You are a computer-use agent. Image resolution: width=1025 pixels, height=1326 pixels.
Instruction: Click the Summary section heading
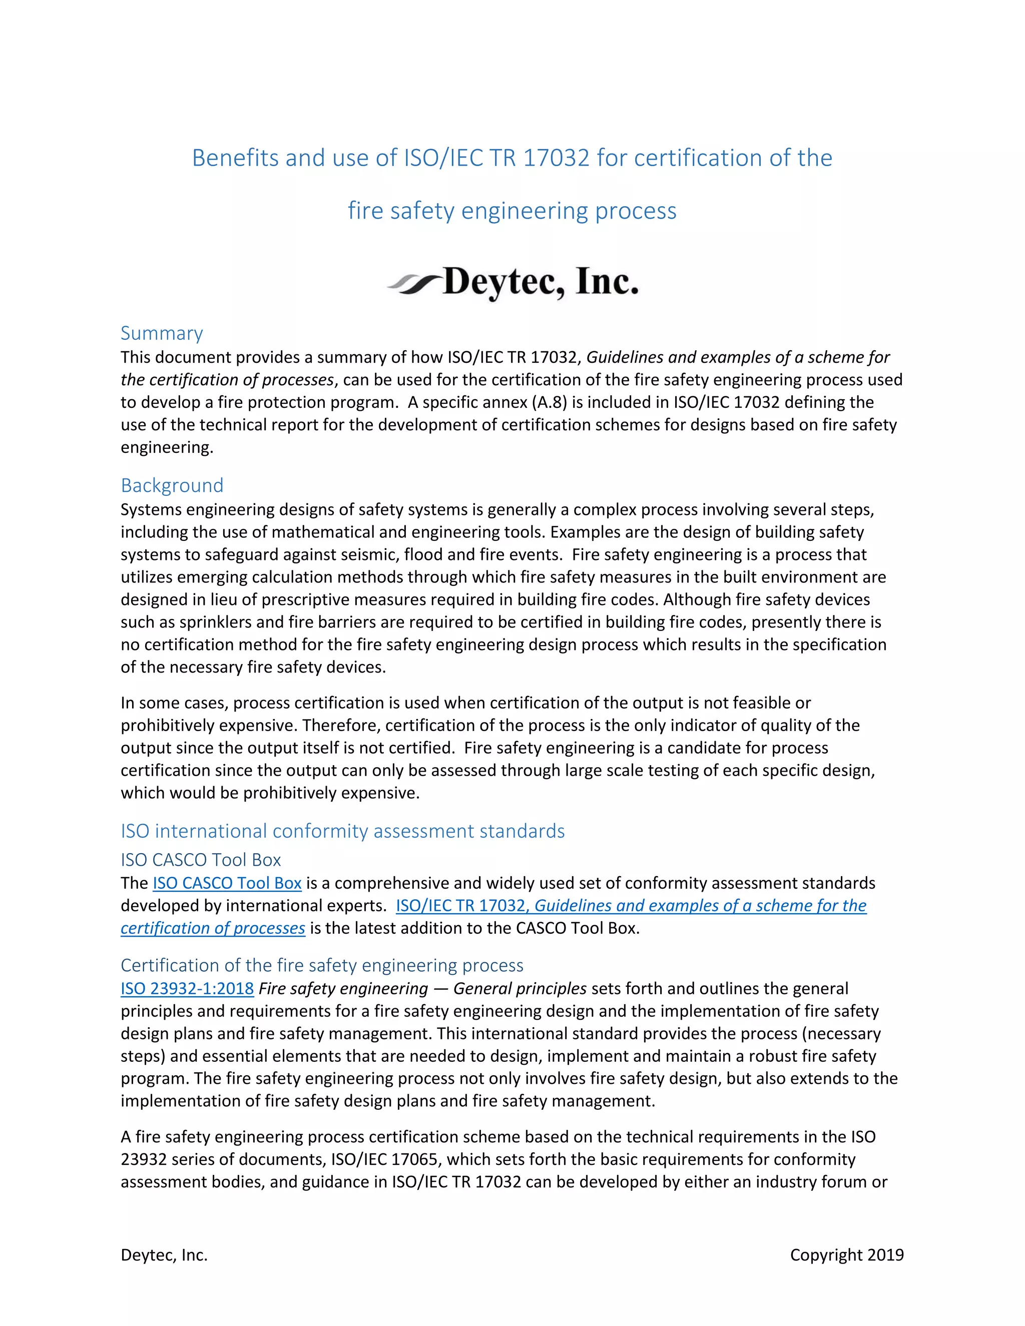tap(162, 333)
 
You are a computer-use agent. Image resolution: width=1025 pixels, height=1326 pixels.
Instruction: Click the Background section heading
tap(172, 486)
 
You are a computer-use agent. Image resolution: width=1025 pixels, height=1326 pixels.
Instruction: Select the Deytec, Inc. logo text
tap(541, 282)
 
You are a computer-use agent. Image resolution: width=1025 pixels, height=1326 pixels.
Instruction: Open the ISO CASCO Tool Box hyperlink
tap(227, 883)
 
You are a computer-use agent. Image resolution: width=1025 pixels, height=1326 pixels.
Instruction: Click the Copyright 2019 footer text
tap(846, 1255)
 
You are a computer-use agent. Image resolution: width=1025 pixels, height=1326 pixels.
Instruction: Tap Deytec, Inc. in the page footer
tap(164, 1255)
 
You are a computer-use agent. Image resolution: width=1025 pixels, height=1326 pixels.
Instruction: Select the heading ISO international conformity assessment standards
tap(342, 831)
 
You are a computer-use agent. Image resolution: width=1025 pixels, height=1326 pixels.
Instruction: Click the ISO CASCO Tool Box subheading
tap(200, 860)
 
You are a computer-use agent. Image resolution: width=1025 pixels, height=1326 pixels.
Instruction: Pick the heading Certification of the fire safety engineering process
tap(322, 965)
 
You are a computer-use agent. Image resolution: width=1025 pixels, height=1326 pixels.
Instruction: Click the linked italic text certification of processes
tap(213, 928)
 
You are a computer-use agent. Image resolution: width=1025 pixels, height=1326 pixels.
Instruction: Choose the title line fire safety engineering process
tap(512, 211)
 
